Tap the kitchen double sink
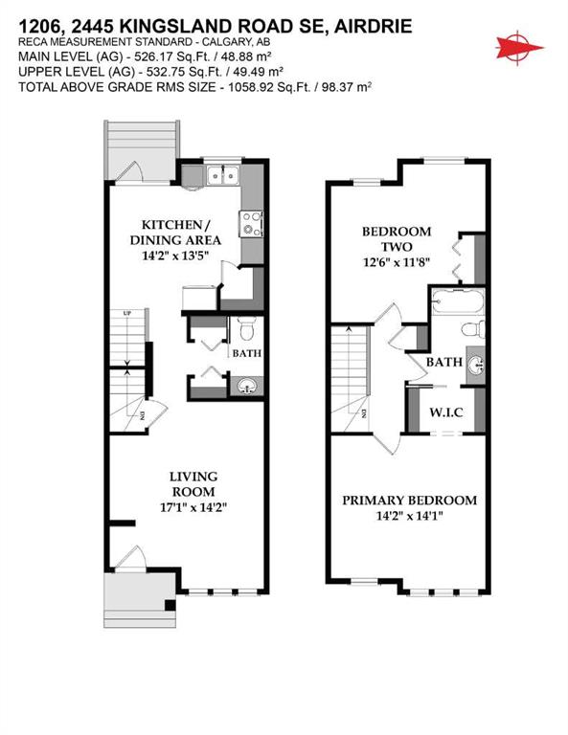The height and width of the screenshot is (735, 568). coord(223,175)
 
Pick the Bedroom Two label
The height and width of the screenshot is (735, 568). coord(396,239)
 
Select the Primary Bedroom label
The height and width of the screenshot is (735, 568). coord(409,501)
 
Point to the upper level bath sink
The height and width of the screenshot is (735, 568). coord(478,364)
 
